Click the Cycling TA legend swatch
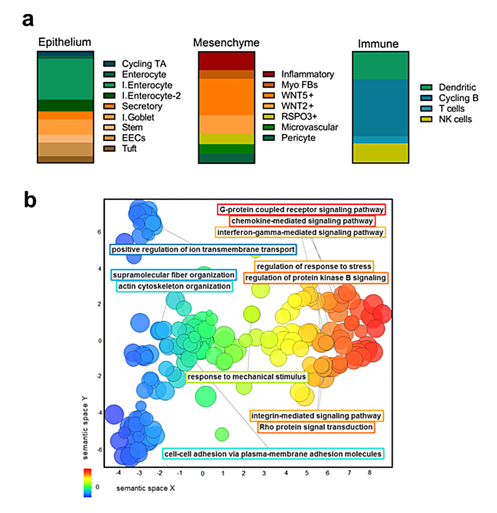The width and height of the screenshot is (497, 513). coord(109,64)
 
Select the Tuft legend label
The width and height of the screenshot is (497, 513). coord(129,148)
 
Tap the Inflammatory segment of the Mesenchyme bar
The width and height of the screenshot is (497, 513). coord(226,61)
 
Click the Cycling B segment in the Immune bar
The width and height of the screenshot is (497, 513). coord(380,108)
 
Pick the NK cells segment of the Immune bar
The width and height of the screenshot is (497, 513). coord(380,153)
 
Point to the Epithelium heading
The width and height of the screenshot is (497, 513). coord(65,42)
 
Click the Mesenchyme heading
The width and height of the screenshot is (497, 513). coord(226,43)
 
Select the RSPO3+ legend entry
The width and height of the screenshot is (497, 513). coord(299,117)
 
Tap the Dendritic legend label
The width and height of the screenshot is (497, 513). coord(457,87)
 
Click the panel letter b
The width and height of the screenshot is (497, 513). coord(30,200)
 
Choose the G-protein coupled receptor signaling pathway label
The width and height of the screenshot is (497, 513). coord(301,210)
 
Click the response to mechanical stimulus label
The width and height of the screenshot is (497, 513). coord(246,377)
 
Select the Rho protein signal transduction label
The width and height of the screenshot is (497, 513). coord(316,427)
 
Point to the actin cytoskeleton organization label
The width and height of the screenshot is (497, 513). coord(174,286)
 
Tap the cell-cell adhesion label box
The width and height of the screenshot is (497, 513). coord(273,454)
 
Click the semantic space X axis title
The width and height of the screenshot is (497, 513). coord(145,488)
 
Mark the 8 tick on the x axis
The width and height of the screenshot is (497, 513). coord(369,473)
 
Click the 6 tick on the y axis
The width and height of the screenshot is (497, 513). coord(99,232)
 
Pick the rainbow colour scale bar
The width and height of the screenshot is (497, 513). coord(87,482)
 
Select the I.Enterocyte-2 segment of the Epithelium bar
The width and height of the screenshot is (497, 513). coord(65,105)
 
